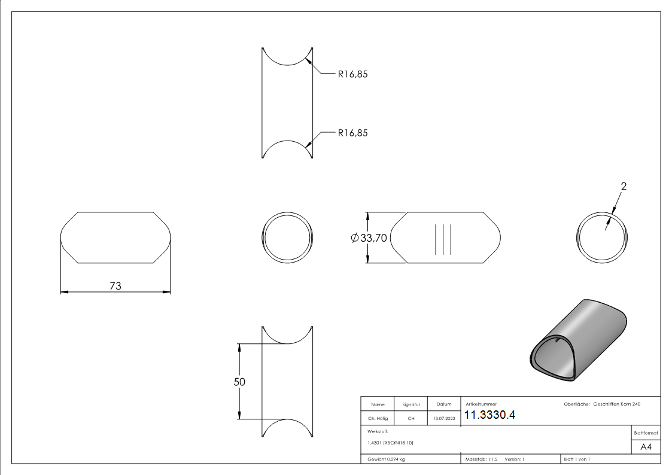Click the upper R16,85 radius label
click(352, 74)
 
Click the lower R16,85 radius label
click(352, 133)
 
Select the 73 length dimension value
click(115, 286)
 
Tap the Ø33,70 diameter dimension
click(369, 237)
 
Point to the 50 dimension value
click(239, 382)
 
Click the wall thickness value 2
click(624, 186)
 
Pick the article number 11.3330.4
click(489, 415)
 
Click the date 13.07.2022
click(444, 418)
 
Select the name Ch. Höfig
click(378, 418)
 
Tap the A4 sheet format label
click(646, 447)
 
